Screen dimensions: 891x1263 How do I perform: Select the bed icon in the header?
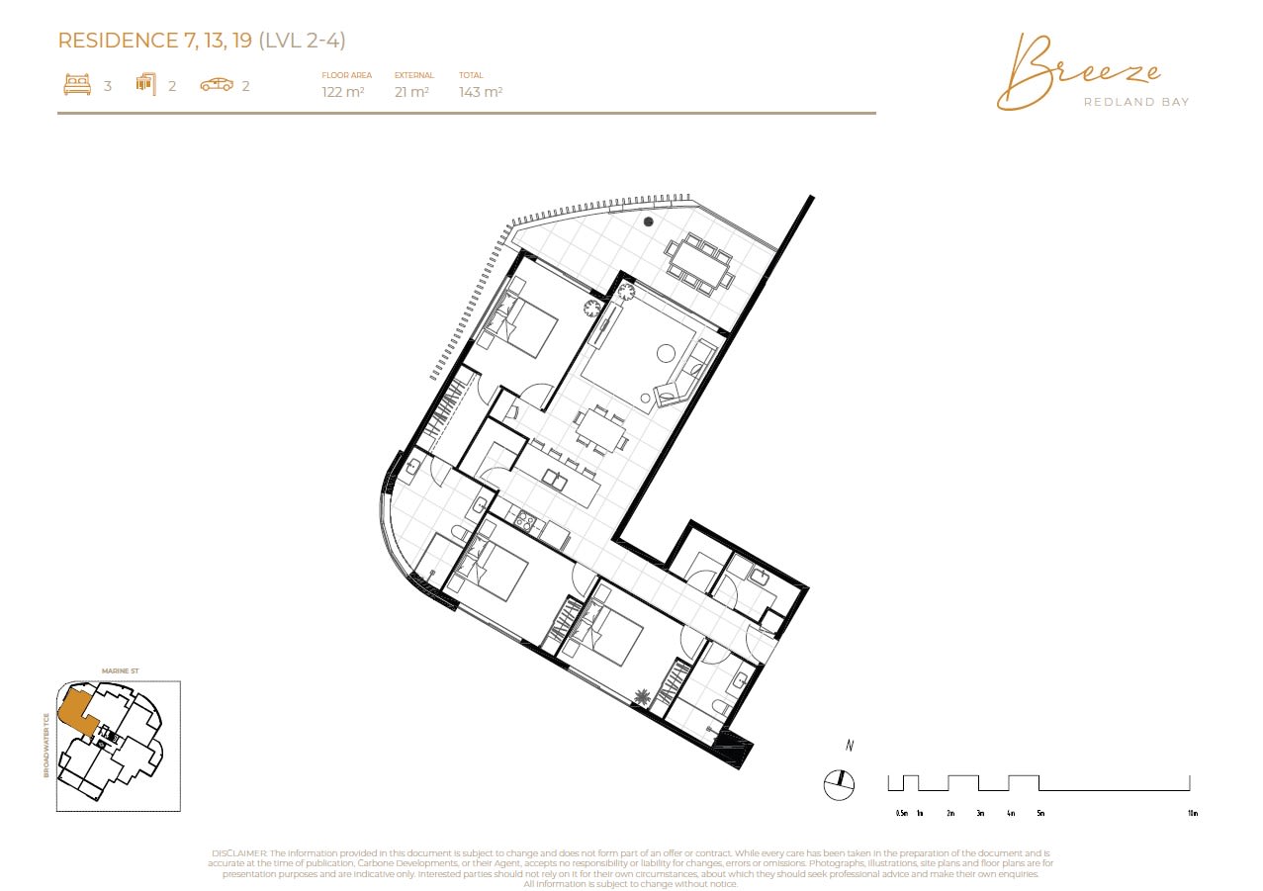tap(77, 85)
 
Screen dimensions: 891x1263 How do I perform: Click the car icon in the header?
tap(217, 85)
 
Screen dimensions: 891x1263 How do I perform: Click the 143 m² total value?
tap(481, 92)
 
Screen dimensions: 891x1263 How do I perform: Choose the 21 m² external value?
tap(411, 92)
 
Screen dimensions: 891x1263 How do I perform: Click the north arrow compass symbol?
tap(838, 783)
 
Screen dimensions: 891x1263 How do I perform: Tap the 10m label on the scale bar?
tap(1192, 813)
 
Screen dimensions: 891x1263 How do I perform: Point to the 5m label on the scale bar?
tap(1039, 813)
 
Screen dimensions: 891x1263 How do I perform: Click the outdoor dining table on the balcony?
tap(698, 264)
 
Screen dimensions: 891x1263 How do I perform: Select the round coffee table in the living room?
tap(667, 352)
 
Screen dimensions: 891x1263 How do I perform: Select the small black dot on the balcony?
tap(649, 222)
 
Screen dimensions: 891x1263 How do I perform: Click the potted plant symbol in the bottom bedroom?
tap(644, 698)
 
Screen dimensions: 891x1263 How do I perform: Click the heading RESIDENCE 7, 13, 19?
tap(156, 41)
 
